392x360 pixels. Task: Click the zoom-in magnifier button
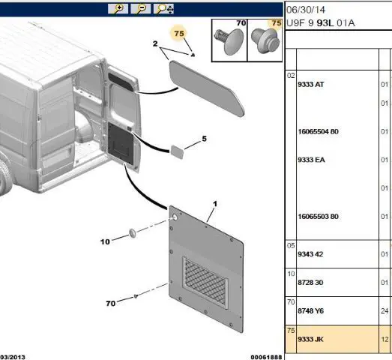118,9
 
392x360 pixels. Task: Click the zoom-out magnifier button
141,9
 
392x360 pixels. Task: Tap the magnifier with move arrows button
163,9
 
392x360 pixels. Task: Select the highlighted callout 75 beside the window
179,33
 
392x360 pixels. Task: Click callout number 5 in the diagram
205,139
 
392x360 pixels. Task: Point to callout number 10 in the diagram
105,241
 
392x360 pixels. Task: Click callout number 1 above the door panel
215,204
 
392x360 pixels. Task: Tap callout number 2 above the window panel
155,43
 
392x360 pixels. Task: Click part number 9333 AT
311,84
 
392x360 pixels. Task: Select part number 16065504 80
318,131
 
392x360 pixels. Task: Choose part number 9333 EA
311,160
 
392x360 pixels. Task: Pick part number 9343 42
310,254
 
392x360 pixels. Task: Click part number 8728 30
310,283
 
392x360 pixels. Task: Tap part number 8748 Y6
310,310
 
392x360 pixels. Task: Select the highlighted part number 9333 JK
310,339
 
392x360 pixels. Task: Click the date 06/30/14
306,10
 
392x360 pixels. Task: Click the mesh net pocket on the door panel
206,282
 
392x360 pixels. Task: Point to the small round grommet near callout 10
133,233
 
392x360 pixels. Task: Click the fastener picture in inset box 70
229,41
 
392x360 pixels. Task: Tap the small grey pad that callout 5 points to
177,151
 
